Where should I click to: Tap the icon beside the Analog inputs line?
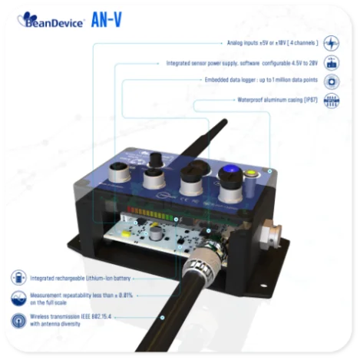tap(332, 43)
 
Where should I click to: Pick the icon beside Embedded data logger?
tap(332, 81)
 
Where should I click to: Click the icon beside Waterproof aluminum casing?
tap(332, 101)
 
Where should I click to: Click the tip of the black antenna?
tap(226, 121)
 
